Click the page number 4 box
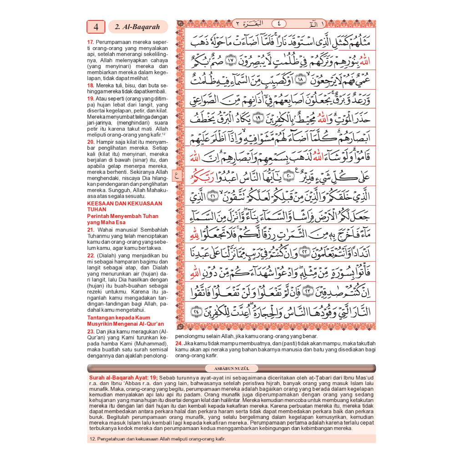(96, 27)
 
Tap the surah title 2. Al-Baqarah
(137, 27)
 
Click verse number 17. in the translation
(91, 42)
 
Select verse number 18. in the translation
(91, 85)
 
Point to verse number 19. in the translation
(91, 98)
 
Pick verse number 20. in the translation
(91, 142)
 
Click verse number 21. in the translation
(91, 230)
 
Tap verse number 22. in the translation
(91, 256)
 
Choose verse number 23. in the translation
(91, 331)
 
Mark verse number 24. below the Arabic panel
(178, 343)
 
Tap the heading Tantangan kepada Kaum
(118, 318)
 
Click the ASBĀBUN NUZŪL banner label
(231, 368)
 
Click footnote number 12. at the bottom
(91, 439)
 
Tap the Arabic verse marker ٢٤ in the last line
(196, 312)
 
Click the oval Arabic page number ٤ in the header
(279, 24)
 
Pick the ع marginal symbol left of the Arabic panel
(177, 173)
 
